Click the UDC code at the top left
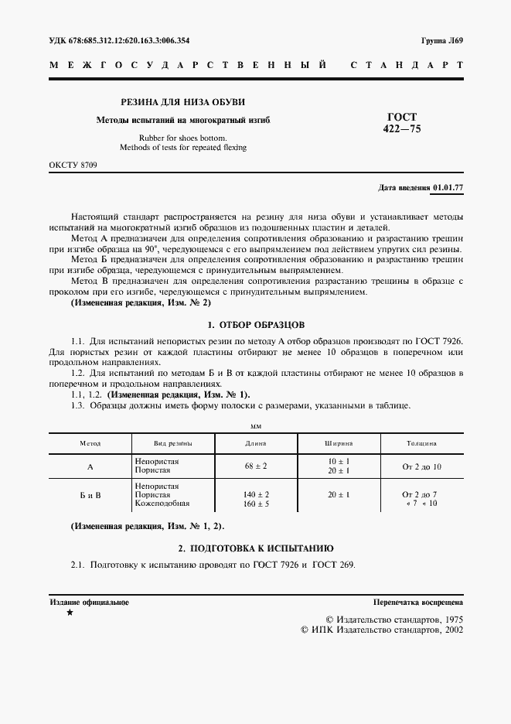coord(119,41)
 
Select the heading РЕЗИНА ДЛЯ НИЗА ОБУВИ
coord(182,102)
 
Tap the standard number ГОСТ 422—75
coord(401,123)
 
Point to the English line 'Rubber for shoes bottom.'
coord(183,137)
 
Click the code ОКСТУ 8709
coord(73,166)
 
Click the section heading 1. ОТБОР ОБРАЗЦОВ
coord(255,324)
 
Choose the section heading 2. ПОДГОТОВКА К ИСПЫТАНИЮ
coord(255,547)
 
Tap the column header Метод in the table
coord(90,443)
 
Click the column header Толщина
coord(421,443)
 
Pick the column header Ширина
coord(338,443)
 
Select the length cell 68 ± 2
coord(255,466)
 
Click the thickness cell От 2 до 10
coord(421,466)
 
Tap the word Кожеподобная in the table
coord(162,504)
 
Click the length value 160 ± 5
coord(255,504)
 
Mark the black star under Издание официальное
coord(70,613)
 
